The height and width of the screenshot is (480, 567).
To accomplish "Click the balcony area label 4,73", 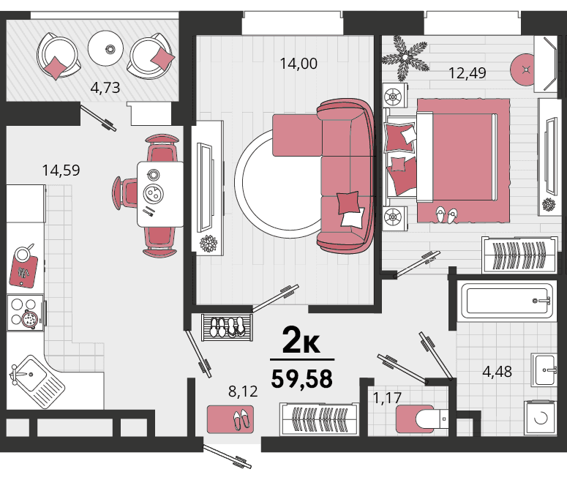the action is click(x=105, y=88).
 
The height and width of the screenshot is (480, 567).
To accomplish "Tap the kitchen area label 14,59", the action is click(x=61, y=170).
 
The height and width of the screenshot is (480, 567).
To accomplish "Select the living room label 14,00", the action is click(x=298, y=64).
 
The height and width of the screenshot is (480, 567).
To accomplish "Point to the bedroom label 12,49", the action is click(x=468, y=73).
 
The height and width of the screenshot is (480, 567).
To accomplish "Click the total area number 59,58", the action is click(x=302, y=379).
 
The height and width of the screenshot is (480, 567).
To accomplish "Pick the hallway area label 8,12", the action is click(x=243, y=391).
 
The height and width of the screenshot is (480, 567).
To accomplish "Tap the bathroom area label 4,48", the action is click(x=497, y=372).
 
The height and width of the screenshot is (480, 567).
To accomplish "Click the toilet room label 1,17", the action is click(x=387, y=398).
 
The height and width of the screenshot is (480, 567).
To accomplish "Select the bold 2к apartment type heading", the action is click(x=301, y=340).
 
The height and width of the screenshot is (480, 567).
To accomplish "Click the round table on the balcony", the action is click(x=105, y=48).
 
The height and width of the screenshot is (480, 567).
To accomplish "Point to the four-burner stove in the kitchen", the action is click(x=26, y=312).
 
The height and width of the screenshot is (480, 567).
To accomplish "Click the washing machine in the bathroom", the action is click(x=540, y=417).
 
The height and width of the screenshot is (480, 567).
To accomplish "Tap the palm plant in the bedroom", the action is click(x=405, y=58).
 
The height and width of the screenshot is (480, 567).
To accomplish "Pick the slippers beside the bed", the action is click(x=446, y=215).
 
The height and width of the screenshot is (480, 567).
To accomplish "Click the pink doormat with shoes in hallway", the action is click(x=230, y=419).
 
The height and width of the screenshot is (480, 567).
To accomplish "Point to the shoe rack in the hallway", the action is click(x=227, y=328).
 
